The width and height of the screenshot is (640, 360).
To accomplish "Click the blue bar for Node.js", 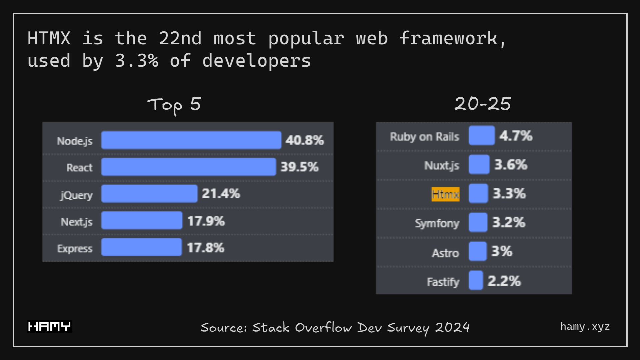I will point(191,140).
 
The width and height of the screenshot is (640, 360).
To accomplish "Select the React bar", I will point(188,167).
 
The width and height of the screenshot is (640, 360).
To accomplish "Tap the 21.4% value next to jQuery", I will point(221,193).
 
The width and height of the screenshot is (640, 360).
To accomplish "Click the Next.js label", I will point(76,222).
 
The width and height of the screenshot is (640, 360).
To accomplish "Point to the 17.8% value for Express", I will point(205,248).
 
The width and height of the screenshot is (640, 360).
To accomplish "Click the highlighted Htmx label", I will point(445,194).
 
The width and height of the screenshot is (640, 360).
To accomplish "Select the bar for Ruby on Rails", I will point(481,135).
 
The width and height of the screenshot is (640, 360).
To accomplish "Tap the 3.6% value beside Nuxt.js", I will point(511,164).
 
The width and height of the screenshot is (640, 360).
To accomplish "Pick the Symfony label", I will point(437,223).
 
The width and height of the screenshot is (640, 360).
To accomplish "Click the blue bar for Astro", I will point(477,251).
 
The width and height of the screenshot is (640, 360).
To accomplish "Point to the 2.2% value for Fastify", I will point(504,281).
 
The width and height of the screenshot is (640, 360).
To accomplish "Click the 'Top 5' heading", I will point(174,105).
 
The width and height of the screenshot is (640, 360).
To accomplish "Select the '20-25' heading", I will point(483,104).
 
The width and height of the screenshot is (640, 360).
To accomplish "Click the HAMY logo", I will point(49,326).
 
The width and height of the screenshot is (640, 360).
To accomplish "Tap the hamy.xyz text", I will point(585,327).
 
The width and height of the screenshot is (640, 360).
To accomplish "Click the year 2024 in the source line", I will point(452,327).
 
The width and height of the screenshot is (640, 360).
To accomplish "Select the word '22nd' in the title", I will point(180,38).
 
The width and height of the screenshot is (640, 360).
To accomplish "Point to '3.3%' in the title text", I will point(136,61).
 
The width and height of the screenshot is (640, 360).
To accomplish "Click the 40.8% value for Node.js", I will point(304,140).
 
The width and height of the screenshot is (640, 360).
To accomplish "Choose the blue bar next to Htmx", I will point(478,193).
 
